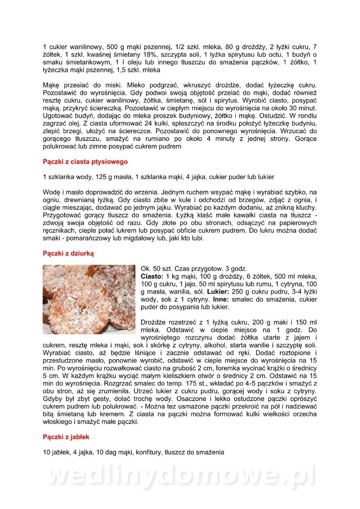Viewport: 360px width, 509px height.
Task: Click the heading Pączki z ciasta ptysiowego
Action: click(85, 162)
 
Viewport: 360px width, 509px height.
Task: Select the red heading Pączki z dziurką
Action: click(68, 253)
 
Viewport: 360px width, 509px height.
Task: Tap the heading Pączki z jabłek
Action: click(66, 437)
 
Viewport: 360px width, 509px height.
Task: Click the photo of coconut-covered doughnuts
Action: click(89, 299)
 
